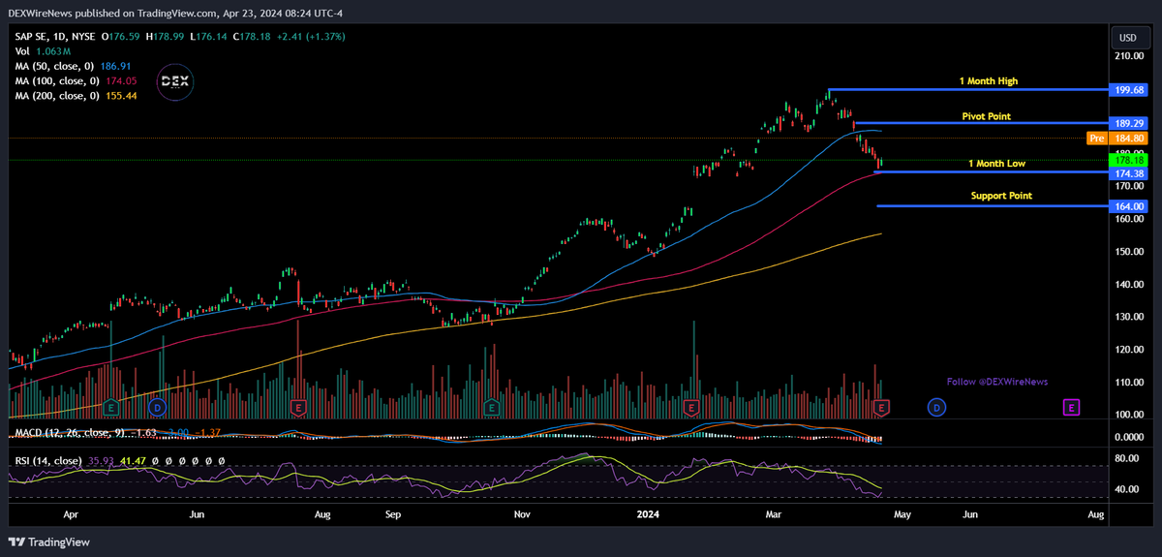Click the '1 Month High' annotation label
click(988, 81)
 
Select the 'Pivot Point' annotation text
click(986, 116)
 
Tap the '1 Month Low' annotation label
click(996, 164)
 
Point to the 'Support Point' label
click(1001, 196)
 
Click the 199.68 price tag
click(1131, 89)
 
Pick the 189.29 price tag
click(1131, 124)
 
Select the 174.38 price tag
click(1131, 173)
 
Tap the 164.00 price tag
click(1131, 206)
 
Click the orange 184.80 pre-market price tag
click(1131, 139)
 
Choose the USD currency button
click(1128, 38)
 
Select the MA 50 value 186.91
click(115, 66)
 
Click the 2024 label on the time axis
click(650, 517)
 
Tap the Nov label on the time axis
click(521, 517)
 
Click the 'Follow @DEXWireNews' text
click(996, 382)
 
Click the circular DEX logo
click(175, 81)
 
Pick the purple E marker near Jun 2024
click(1071, 408)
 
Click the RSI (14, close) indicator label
click(47, 461)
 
